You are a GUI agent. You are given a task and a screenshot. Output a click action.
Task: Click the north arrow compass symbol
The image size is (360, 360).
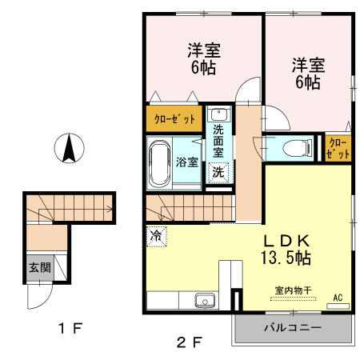point(70,148)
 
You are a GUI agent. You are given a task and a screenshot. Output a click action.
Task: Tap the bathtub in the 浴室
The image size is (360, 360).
point(159,163)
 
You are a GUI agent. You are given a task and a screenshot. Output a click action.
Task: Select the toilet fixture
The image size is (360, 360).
point(298,148)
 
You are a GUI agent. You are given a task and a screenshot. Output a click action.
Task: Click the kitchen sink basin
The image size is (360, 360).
point(205,301)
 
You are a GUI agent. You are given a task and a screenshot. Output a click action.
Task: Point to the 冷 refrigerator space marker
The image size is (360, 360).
point(156,237)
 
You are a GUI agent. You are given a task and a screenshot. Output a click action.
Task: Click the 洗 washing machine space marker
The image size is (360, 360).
point(218,172)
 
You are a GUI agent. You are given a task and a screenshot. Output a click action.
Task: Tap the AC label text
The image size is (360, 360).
point(338,298)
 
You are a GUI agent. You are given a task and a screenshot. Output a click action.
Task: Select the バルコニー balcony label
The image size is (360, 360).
point(293,328)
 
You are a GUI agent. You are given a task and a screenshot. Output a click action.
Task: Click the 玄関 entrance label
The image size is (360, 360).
point(40,267)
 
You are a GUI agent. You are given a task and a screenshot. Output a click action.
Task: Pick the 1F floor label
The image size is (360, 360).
point(70,328)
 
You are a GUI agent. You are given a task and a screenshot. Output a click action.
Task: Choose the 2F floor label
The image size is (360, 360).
point(190,342)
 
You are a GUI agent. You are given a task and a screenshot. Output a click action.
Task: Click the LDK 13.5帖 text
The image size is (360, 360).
point(286,250)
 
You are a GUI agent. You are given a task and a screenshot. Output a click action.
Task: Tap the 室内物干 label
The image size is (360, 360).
point(294,290)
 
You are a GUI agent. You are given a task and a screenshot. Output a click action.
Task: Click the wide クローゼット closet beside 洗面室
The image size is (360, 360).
point(174,119)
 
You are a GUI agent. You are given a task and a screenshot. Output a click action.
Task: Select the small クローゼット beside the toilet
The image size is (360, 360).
point(338,149)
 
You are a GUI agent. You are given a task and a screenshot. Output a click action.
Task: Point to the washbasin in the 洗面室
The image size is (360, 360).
point(219,115)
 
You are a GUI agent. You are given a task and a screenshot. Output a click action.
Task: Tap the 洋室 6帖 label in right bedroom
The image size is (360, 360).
point(308,74)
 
